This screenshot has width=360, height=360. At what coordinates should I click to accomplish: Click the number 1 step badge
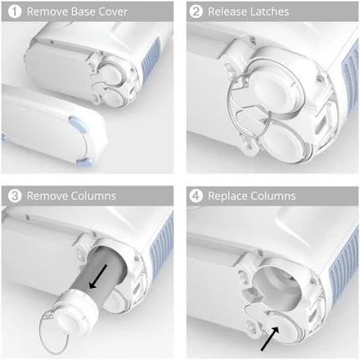13,13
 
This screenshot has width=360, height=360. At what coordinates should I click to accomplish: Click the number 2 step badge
197,13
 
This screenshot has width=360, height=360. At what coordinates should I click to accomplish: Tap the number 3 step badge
13,196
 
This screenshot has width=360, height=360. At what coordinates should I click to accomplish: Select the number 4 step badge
197,196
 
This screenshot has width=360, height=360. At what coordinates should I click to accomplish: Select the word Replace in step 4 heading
234,197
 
